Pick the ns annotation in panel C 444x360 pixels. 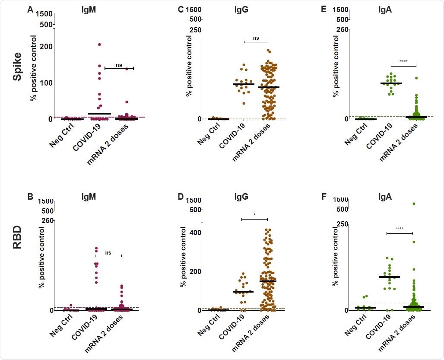(256, 38)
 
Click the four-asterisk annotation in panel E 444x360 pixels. (403, 62)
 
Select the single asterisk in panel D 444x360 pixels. (254, 215)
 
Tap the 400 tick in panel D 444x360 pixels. (195, 233)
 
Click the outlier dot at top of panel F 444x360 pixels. (413, 203)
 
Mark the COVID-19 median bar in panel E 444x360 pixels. (391, 83)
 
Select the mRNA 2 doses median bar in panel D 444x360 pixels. (268, 281)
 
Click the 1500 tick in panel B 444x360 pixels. (45, 202)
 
